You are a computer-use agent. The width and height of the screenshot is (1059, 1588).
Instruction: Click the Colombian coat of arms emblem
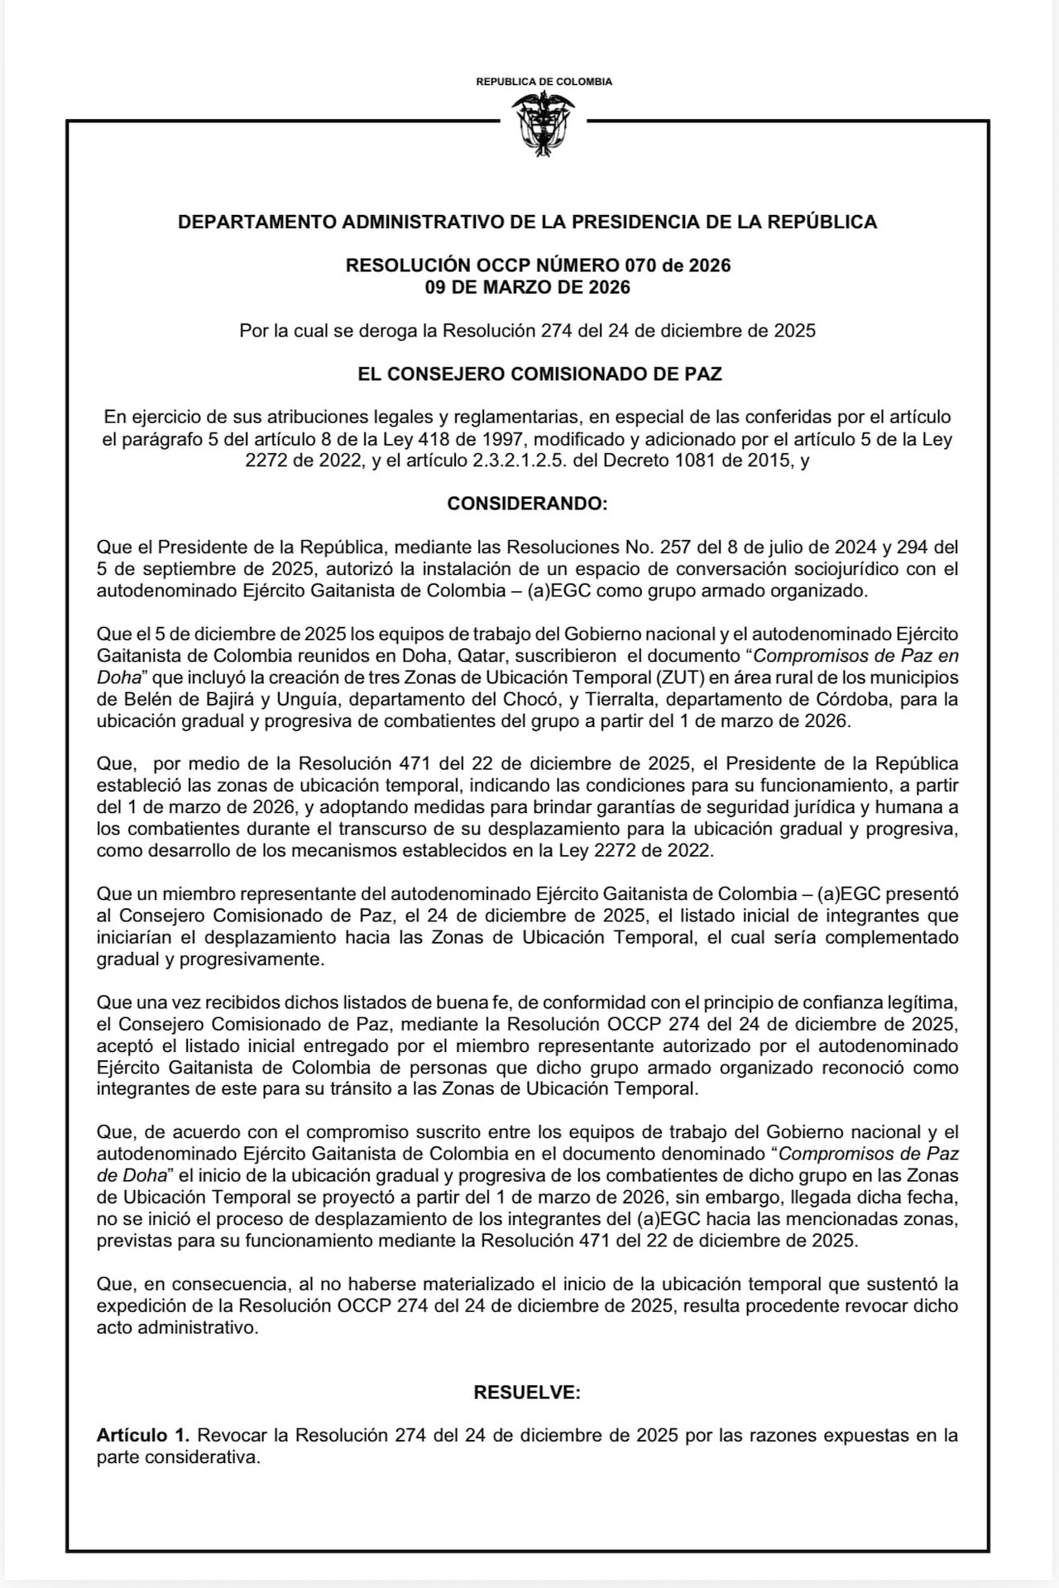point(544,124)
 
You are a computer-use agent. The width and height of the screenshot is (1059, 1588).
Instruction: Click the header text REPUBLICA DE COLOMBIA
point(544,82)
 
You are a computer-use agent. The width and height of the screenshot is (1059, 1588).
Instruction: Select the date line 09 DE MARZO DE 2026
point(527,288)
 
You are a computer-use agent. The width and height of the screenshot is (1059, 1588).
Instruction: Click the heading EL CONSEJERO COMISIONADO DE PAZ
point(539,374)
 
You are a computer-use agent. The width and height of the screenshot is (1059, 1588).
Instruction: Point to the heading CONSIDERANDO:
point(527,504)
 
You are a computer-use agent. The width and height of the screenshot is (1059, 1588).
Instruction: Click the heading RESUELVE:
point(527,1393)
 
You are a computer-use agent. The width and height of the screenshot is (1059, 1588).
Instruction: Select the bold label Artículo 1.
point(142,1436)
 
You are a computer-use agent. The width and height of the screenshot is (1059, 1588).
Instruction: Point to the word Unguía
point(304,699)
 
